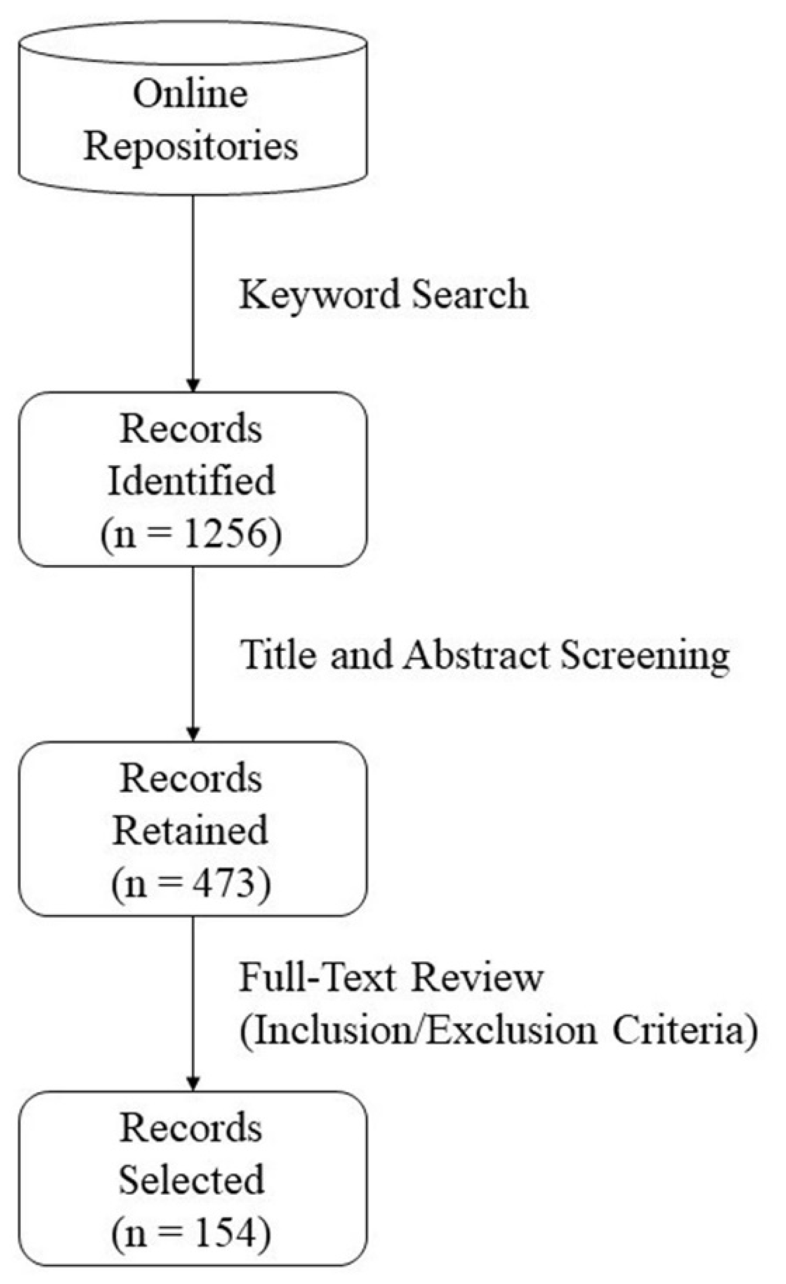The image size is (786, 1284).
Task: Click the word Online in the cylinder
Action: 190,94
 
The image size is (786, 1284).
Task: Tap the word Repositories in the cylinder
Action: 191,147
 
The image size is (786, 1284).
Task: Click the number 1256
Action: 225,534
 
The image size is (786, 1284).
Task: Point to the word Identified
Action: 191,480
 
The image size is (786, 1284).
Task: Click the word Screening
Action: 645,655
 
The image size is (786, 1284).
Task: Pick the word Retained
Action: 190,830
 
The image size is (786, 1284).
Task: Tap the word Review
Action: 477,977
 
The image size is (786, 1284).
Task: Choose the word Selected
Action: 191,1180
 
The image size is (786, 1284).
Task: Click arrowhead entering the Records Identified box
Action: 194,384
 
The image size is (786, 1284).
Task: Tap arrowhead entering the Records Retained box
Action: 194,734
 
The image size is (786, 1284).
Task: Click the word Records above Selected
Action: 191,1128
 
